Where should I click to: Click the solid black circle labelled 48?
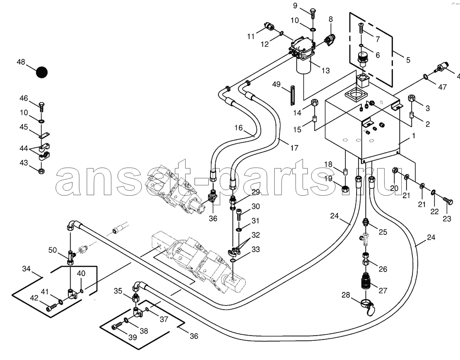pyautogui.click(x=42, y=72)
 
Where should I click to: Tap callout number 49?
pyautogui.click(x=276, y=84)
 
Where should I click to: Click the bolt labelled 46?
pyautogui.click(x=41, y=108)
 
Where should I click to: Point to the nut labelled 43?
pyautogui.click(x=41, y=171)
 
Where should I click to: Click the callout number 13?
pyautogui.click(x=326, y=71)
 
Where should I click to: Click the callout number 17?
pyautogui.click(x=295, y=148)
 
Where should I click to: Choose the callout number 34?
pyautogui.click(x=27, y=269)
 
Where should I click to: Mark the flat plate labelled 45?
pyautogui.click(x=44, y=135)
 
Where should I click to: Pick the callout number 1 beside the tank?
pyautogui.click(x=413, y=136)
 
